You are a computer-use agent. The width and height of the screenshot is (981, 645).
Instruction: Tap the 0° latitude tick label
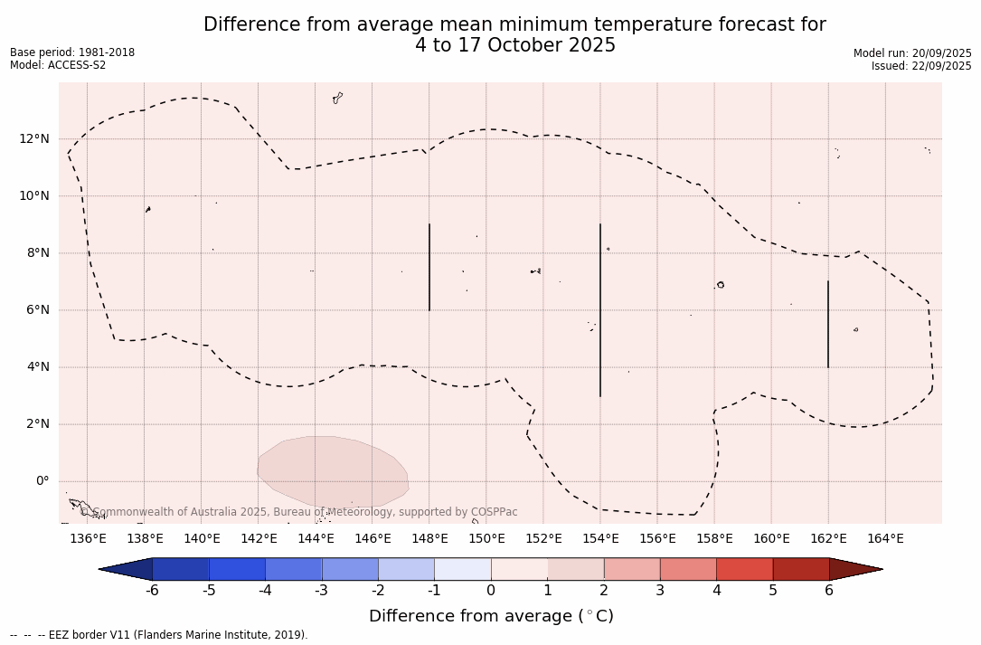pyautogui.click(x=41, y=481)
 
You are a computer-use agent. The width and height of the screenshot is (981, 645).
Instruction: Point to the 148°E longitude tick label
pyautogui.click(x=429, y=539)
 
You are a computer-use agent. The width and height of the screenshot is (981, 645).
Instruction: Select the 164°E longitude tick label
pyautogui.click(x=885, y=539)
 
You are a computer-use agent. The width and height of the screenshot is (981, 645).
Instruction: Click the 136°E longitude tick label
pyautogui.click(x=88, y=539)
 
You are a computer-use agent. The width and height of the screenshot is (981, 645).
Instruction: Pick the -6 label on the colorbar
pyautogui.click(x=152, y=591)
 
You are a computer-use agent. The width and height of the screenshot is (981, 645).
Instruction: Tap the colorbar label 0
pyautogui.click(x=491, y=591)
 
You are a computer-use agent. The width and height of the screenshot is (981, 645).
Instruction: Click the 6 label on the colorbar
pyautogui.click(x=829, y=591)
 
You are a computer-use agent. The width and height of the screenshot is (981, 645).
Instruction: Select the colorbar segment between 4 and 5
pyautogui.click(x=744, y=569)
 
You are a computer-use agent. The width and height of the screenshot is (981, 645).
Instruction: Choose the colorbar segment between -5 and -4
pyautogui.click(x=237, y=569)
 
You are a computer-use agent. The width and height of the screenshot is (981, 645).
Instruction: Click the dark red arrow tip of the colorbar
pyautogui.click(x=855, y=569)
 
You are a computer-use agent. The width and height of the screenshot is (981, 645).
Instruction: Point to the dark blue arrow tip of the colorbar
pyautogui.click(x=127, y=569)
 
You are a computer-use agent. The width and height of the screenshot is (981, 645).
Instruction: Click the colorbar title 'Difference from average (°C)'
pyautogui.click(x=491, y=617)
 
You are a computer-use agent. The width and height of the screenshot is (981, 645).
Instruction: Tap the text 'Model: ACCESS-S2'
pyautogui.click(x=58, y=65)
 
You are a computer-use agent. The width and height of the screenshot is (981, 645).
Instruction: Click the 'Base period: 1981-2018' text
pyautogui.click(x=72, y=52)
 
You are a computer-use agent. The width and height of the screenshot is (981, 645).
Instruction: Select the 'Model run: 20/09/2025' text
pyautogui.click(x=912, y=53)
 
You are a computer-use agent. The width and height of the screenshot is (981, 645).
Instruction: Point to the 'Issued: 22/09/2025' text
pyautogui.click(x=921, y=66)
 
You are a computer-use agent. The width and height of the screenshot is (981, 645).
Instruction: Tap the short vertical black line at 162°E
pyautogui.click(x=828, y=324)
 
